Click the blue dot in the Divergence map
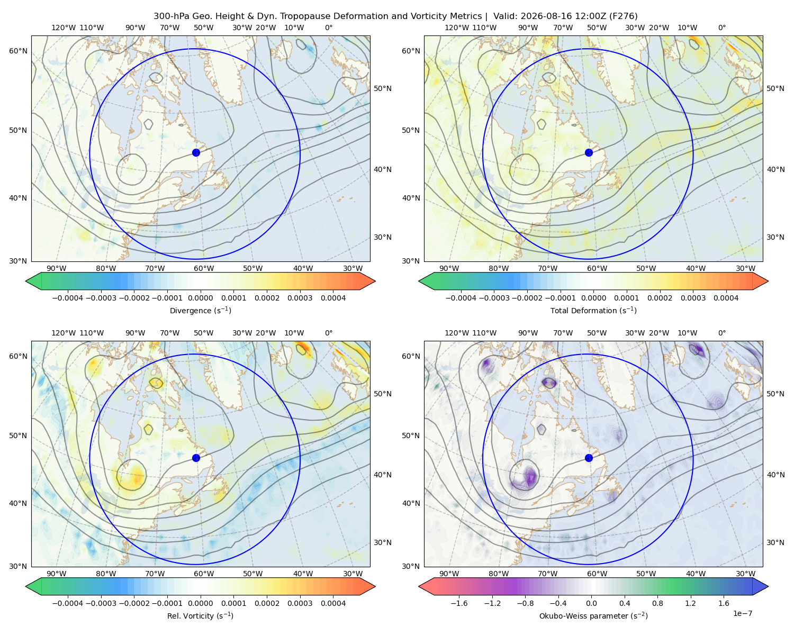pos(196,152)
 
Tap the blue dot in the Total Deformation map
pos(589,152)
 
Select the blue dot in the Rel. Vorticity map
pos(196,458)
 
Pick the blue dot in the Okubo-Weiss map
pos(589,458)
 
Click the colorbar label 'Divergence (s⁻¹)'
pos(200,310)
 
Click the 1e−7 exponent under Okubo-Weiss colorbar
pos(742,613)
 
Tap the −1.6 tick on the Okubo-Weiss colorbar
pos(459,603)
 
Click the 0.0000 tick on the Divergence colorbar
pos(200,298)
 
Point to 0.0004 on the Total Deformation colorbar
pos(726,298)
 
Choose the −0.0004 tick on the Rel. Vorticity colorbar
pos(68,603)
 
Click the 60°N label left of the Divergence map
pos(18,51)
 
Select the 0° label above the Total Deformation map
pos(721,28)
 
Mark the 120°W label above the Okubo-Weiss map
pos(456,333)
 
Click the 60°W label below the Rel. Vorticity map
pos(204,574)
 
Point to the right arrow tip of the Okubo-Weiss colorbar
pos(768,586)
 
